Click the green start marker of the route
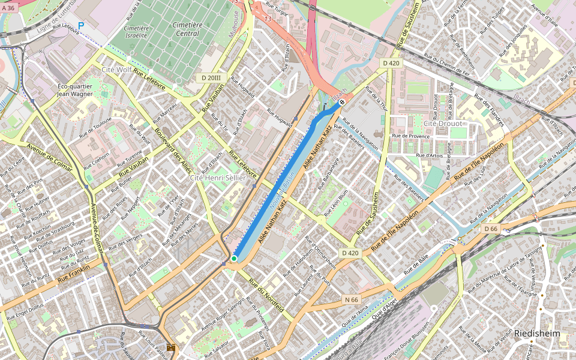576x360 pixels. (234, 259)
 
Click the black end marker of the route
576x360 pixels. (341, 103)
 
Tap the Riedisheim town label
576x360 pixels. (536, 334)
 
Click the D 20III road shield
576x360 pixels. (211, 78)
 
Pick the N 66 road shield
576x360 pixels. (352, 299)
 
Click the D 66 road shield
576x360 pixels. (491, 229)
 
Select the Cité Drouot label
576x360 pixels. (443, 124)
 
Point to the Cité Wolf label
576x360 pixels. (116, 70)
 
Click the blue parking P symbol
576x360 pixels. (81, 26)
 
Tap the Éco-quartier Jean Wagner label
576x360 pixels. (74, 89)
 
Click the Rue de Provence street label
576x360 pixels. (411, 136)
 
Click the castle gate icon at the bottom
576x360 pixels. (171, 348)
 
